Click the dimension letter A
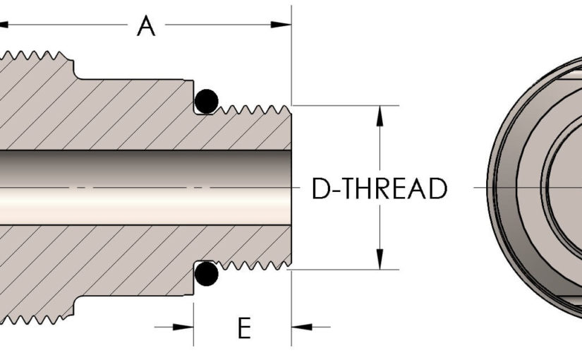(x=146, y=27)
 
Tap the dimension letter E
(x=243, y=328)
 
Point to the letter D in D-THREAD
(x=322, y=189)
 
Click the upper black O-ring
(x=205, y=101)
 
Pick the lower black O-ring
(x=205, y=274)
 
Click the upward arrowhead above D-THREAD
(x=380, y=113)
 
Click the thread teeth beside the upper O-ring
(x=254, y=109)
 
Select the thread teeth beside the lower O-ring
(x=254, y=265)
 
